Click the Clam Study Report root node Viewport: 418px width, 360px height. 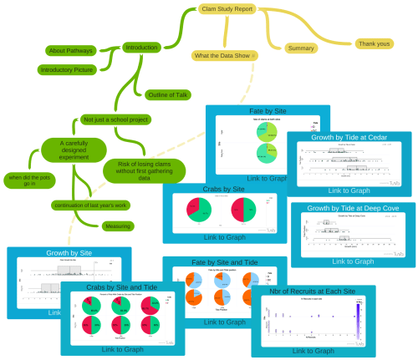tap(227, 8)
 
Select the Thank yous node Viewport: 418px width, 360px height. tap(374, 43)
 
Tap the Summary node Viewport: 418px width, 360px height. tap(301, 48)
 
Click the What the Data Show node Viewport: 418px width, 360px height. tap(224, 55)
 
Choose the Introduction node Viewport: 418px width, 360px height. tap(141, 48)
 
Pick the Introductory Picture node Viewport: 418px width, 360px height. tap(67, 70)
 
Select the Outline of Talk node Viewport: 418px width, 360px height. tap(168, 94)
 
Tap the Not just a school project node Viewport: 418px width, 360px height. tap(115, 119)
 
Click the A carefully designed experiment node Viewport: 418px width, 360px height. tap(74, 150)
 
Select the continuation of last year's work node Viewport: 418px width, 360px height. tap(89, 205)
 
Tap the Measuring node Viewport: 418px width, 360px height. tap(118, 226)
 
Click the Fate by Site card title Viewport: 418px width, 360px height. tap(268, 110)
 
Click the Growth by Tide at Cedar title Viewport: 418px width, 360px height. tap(349, 137)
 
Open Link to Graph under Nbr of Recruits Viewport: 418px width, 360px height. tap(313, 351)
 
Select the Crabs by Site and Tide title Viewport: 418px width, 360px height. tap(122, 287)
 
